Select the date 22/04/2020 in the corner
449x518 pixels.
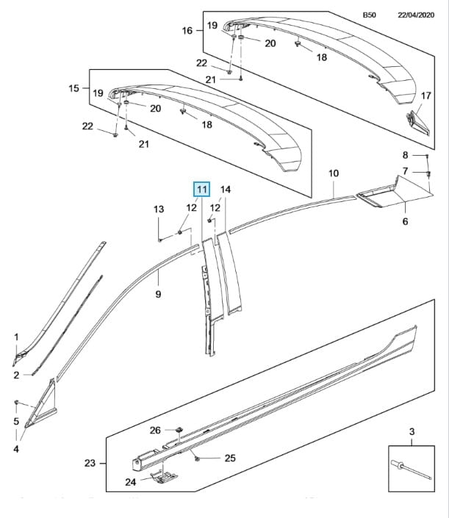click(417, 14)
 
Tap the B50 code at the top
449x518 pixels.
click(369, 14)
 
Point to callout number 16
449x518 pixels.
click(187, 31)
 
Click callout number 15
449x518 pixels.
click(73, 88)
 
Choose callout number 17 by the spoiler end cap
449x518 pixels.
click(424, 96)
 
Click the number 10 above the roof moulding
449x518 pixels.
click(333, 173)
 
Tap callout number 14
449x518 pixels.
click(226, 190)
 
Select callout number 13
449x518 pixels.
click(159, 210)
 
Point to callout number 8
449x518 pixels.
click(405, 155)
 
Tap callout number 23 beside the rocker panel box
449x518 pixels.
click(90, 463)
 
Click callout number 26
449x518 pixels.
click(155, 430)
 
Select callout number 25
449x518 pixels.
click(229, 458)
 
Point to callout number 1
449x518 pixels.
click(16, 337)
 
